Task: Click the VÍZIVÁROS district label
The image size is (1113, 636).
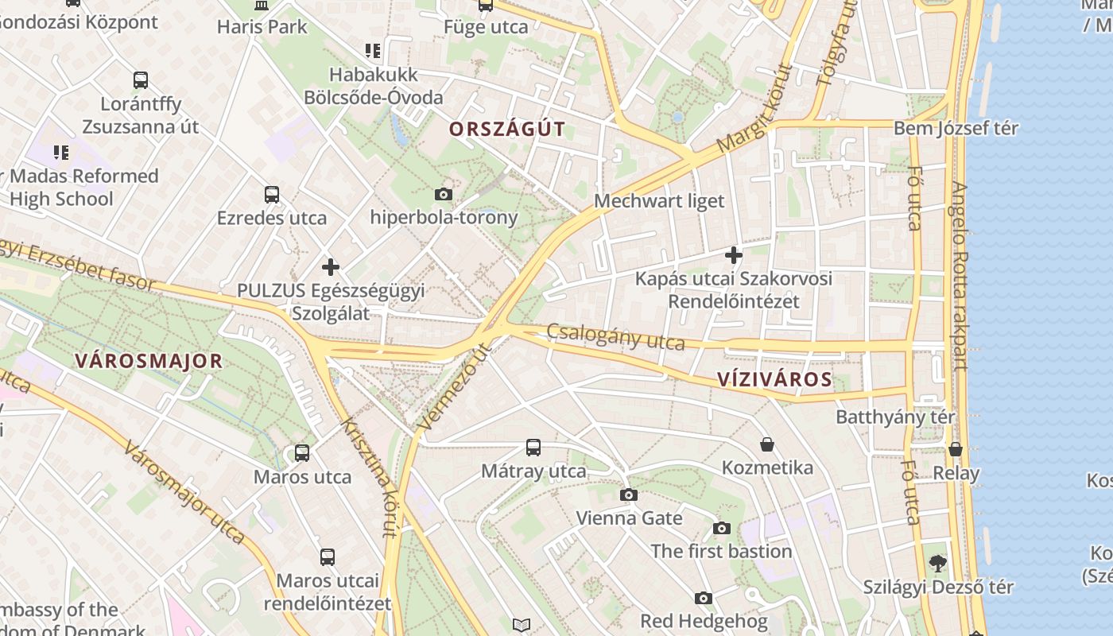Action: (x=774, y=379)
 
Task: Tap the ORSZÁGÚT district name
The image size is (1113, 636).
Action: (x=507, y=129)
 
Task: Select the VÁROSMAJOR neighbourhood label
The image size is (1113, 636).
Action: (x=149, y=361)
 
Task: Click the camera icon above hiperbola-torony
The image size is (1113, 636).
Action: (x=444, y=194)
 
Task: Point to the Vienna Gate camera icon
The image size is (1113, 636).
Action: (x=629, y=495)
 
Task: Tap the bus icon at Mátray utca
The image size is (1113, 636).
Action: (x=533, y=448)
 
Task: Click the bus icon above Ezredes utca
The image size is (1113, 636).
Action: (x=272, y=194)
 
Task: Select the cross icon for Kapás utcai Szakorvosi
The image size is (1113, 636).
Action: (x=734, y=255)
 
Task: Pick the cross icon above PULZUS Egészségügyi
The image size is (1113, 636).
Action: (x=331, y=267)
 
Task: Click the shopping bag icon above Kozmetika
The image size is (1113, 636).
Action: (x=767, y=444)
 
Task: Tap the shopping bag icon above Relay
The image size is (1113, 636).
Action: (x=956, y=449)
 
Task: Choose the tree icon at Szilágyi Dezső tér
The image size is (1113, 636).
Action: (x=938, y=564)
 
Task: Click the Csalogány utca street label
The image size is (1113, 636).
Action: (x=615, y=337)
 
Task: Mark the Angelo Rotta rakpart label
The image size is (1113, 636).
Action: (x=960, y=277)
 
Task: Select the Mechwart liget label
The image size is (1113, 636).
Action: (x=659, y=201)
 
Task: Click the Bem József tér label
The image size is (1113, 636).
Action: (x=956, y=128)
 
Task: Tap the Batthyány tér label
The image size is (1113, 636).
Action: (x=895, y=417)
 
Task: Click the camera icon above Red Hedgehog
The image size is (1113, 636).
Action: (x=704, y=598)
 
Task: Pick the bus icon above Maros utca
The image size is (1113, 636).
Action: (x=302, y=453)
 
